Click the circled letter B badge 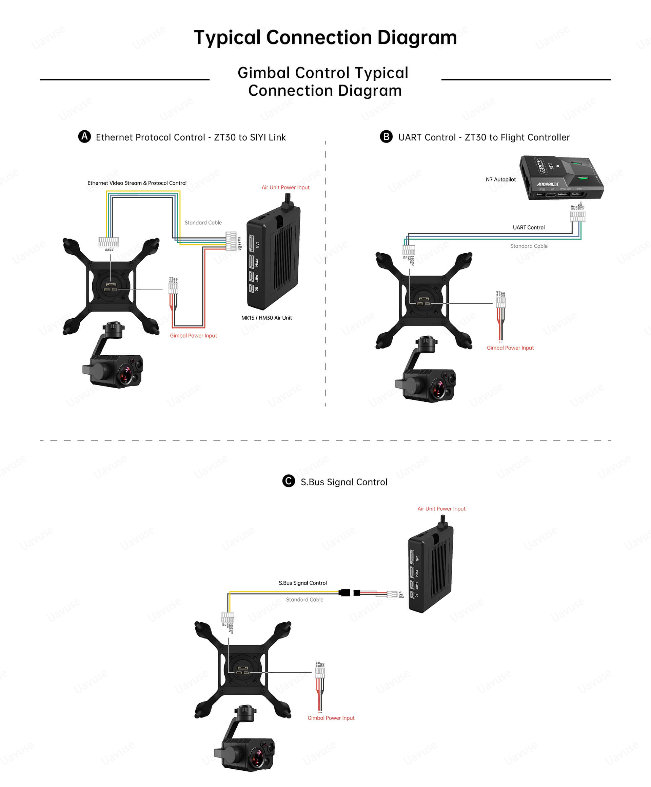coord(386,136)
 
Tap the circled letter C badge coord(288,481)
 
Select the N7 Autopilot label coord(500,180)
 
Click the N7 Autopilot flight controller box coord(561,177)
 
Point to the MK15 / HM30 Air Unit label coord(266,318)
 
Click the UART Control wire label coord(528,227)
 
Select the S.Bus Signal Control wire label coord(302,583)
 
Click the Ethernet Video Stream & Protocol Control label coord(137,183)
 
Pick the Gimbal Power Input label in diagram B coord(510,348)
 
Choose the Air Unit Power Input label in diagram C coord(441,509)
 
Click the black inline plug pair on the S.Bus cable coord(349,593)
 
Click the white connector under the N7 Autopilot coord(577,216)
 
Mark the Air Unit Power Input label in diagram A coord(285,187)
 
